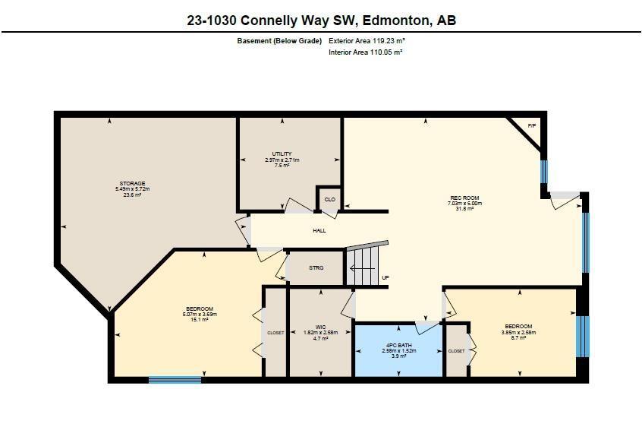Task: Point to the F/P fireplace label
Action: coord(532,125)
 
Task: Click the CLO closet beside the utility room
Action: coord(329,200)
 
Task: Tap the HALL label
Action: coord(319,230)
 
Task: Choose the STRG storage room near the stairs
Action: coord(316,268)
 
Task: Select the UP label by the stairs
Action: coord(386,277)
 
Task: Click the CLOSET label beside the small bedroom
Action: coord(456,351)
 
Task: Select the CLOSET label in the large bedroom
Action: coord(275,333)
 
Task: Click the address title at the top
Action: coord(321,21)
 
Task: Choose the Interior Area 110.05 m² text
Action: coord(365,52)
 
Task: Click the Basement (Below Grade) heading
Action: coord(279,41)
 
